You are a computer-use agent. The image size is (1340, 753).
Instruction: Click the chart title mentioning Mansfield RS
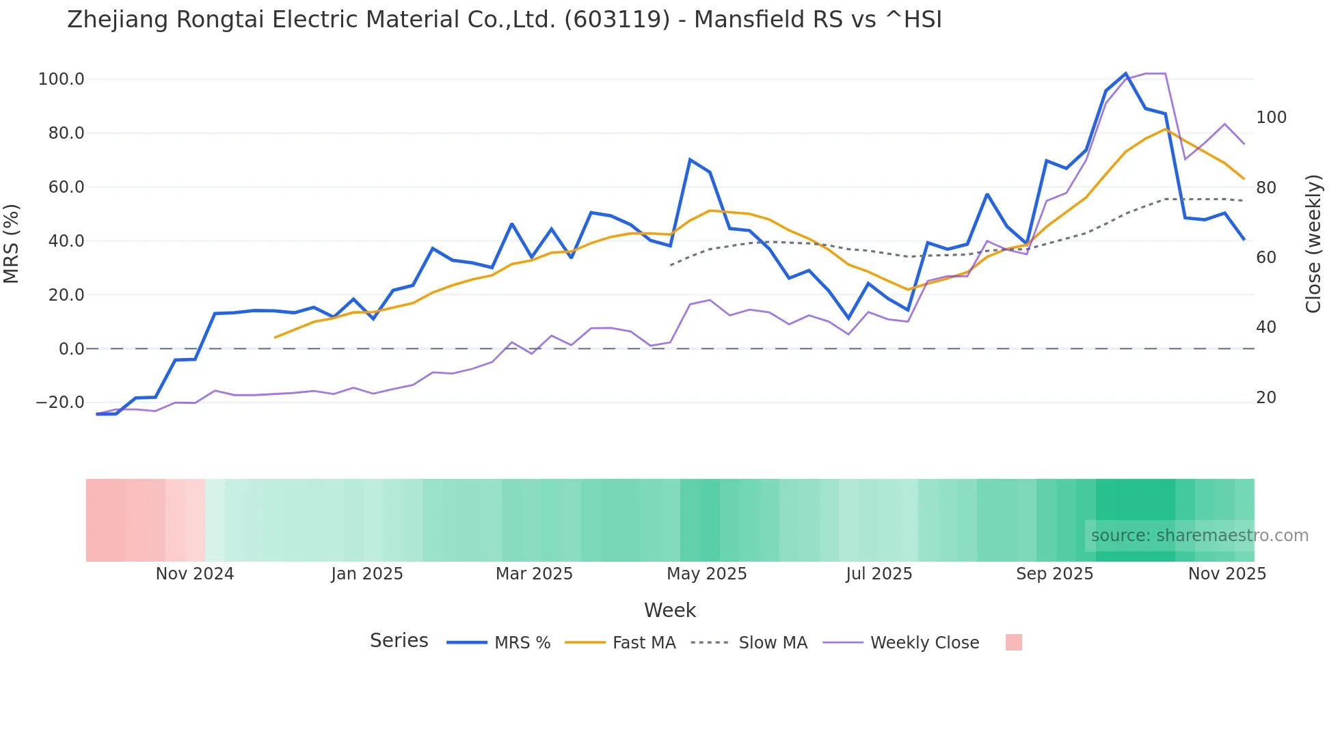[x=504, y=20]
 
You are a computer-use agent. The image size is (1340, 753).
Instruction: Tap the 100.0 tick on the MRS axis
[x=62, y=79]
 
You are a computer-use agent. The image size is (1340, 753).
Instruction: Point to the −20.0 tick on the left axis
[x=60, y=402]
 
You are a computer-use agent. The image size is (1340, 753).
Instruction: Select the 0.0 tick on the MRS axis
[x=71, y=349]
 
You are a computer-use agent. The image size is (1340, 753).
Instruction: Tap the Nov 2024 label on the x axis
[x=195, y=574]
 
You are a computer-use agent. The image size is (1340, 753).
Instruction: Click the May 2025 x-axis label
[x=707, y=574]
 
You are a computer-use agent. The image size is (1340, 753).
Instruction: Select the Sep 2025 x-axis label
[x=1054, y=574]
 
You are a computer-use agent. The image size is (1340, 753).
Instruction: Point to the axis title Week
[x=669, y=610]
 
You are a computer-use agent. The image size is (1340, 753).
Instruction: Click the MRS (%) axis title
[x=12, y=243]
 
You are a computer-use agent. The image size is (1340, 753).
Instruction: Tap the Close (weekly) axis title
[x=1313, y=244]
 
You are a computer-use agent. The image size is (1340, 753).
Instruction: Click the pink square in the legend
[x=1014, y=642]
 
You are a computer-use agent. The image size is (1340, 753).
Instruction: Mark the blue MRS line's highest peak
[x=1126, y=74]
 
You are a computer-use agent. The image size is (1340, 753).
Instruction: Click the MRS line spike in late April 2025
[x=691, y=160]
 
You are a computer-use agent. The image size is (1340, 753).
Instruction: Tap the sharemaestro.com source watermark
[x=1199, y=536]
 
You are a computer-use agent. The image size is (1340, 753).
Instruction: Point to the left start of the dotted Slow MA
[x=671, y=264]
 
